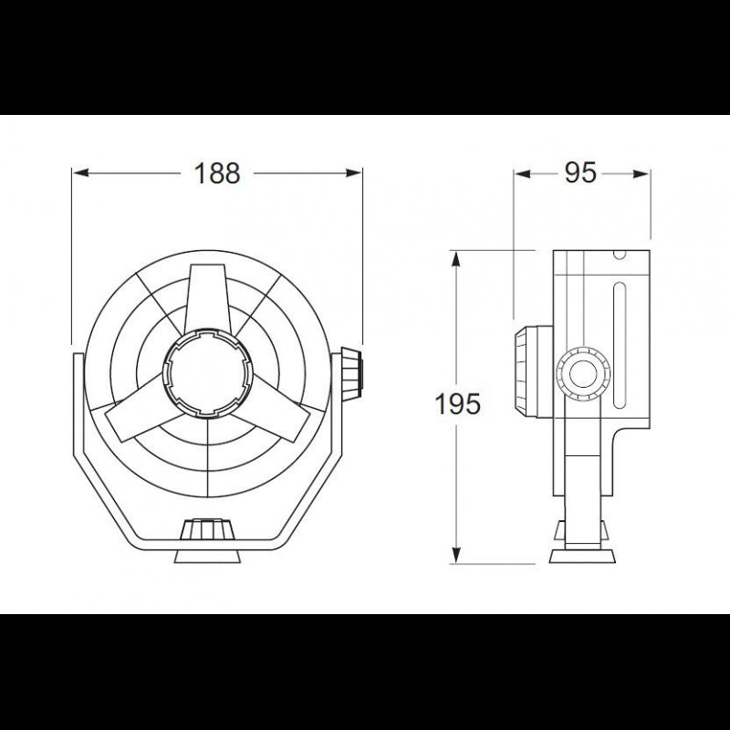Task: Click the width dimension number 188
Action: (217, 172)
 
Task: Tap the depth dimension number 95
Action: (580, 172)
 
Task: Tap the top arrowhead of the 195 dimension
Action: (457, 257)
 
